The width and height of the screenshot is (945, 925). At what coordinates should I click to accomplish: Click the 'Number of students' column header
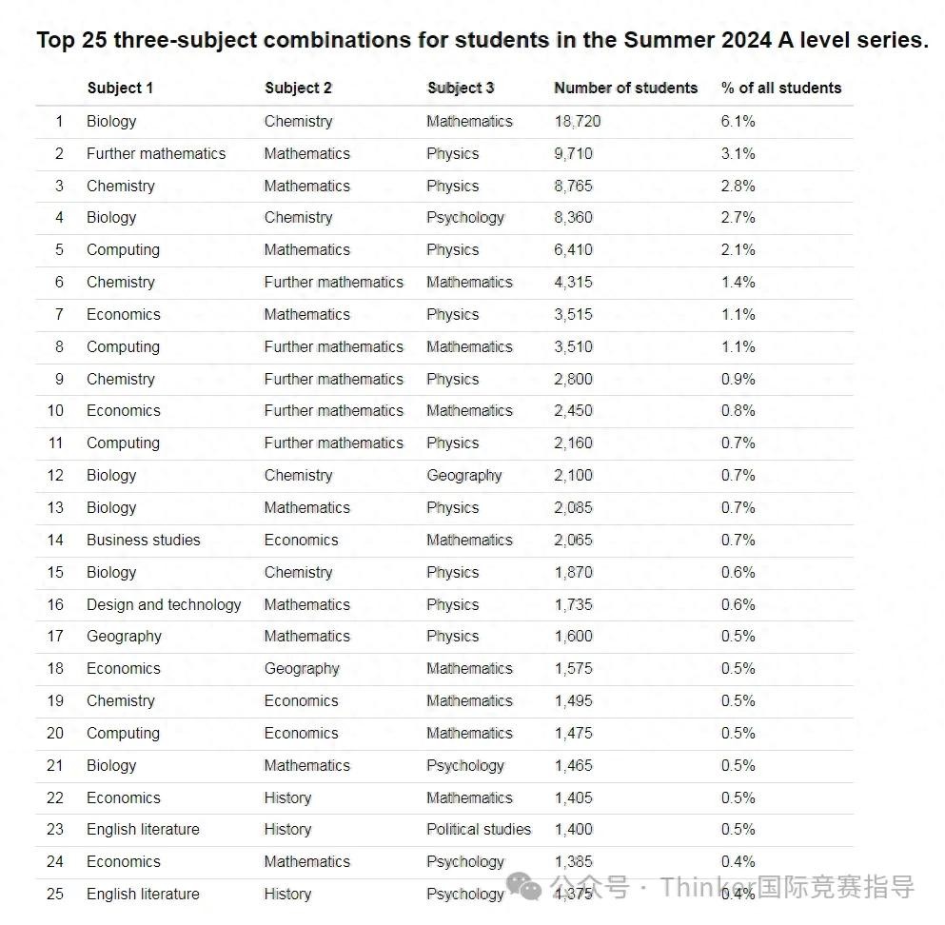click(x=625, y=88)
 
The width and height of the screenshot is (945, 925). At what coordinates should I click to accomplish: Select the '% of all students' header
click(x=780, y=88)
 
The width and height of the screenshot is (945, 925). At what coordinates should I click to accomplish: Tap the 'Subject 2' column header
click(x=298, y=88)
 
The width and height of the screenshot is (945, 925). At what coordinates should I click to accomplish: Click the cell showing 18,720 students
click(x=578, y=121)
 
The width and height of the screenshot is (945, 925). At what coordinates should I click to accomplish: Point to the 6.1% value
click(x=738, y=121)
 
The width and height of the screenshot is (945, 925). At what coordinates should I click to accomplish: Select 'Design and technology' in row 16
click(x=164, y=604)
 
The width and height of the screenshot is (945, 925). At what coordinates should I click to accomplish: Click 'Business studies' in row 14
click(x=143, y=540)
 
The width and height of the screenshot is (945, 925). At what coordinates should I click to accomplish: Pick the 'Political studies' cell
click(x=479, y=829)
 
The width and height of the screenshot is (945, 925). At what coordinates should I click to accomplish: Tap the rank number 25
click(x=55, y=894)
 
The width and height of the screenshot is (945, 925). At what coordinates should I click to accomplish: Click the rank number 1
click(x=59, y=121)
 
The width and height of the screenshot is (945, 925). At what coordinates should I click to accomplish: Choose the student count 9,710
click(x=573, y=153)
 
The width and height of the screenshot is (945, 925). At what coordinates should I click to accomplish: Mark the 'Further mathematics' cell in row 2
click(x=156, y=153)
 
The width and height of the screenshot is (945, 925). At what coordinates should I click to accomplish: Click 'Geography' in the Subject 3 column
click(x=463, y=475)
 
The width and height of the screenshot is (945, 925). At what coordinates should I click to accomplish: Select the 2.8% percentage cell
click(x=738, y=186)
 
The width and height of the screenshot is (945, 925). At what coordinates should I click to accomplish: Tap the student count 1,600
click(x=573, y=636)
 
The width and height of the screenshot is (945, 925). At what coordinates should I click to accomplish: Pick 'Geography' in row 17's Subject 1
click(x=124, y=636)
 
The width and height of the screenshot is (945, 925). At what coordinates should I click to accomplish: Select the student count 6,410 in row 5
click(x=573, y=249)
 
